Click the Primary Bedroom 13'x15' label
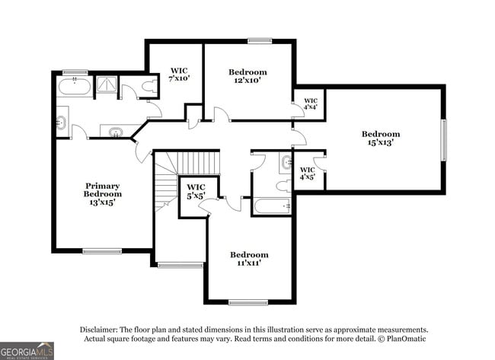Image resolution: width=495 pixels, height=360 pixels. (103, 194)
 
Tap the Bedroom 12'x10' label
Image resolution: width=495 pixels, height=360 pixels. (247, 77)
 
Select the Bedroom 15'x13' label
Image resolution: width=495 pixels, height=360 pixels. (380, 139)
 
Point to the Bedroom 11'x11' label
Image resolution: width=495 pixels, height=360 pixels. (249, 259)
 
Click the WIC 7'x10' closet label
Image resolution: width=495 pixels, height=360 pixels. (179, 74)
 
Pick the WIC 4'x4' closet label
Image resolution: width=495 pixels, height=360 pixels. (310, 104)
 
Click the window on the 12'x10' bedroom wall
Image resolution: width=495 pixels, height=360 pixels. (260, 40)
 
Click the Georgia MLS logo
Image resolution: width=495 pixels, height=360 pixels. (27, 350)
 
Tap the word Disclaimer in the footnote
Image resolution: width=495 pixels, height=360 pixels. (101, 330)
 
